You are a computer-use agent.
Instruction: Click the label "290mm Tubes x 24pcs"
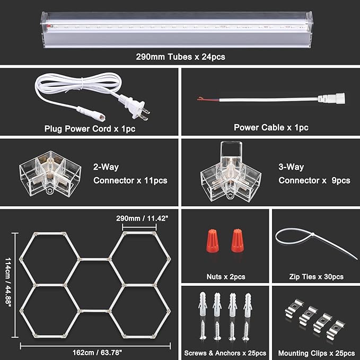179,55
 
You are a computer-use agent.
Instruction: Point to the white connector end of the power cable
331,98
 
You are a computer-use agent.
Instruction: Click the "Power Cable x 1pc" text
271,128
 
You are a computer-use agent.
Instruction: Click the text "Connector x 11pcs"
130,181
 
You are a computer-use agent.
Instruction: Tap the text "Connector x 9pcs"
314,181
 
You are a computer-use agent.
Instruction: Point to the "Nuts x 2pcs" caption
225,277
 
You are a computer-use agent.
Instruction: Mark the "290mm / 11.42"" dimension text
139,218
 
